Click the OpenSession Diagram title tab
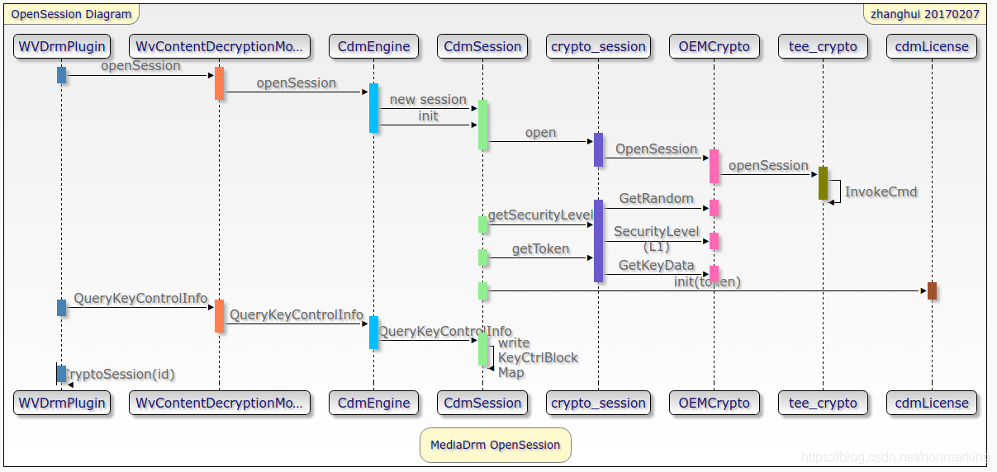[x=71, y=14]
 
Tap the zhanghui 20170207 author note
[x=924, y=14]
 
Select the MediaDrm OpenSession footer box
[x=495, y=445]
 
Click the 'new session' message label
[x=428, y=100]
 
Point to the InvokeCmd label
[x=881, y=191]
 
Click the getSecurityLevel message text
[x=540, y=215]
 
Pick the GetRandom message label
[x=656, y=199]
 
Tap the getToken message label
[x=540, y=248]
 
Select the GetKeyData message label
[x=656, y=265]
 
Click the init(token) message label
[x=707, y=282]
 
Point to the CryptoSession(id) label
[x=121, y=375]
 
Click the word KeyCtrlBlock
[x=538, y=357]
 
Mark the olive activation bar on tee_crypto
[x=823, y=182]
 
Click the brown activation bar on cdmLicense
[x=932, y=290]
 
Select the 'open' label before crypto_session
[x=540, y=133]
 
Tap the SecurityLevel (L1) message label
[x=656, y=238]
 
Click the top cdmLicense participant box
[x=932, y=46]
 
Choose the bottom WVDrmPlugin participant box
[x=62, y=403]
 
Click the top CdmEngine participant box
[x=373, y=46]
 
